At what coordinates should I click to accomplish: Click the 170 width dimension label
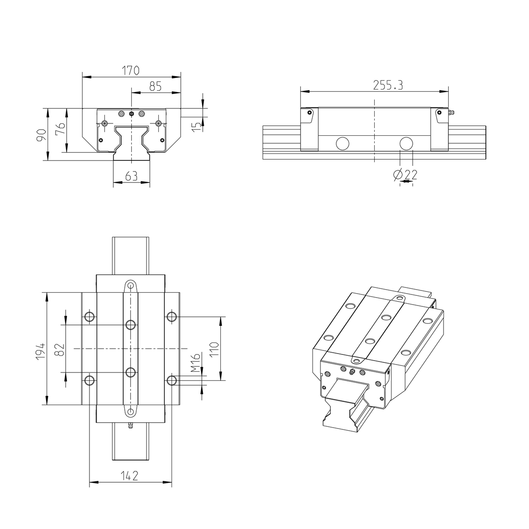click(131, 70)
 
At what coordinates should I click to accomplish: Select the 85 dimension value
click(155, 86)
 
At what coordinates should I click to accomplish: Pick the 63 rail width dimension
click(131, 176)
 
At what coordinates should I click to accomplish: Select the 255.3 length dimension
click(388, 85)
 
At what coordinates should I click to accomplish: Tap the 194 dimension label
click(41, 351)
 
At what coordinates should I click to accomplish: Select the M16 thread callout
click(196, 363)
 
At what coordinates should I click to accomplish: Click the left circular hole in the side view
click(342, 143)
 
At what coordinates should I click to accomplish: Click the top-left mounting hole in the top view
click(89, 317)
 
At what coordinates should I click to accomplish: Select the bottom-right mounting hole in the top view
click(171, 380)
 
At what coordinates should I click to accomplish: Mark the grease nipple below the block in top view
click(130, 426)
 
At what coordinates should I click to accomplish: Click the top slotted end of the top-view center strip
click(130, 285)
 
